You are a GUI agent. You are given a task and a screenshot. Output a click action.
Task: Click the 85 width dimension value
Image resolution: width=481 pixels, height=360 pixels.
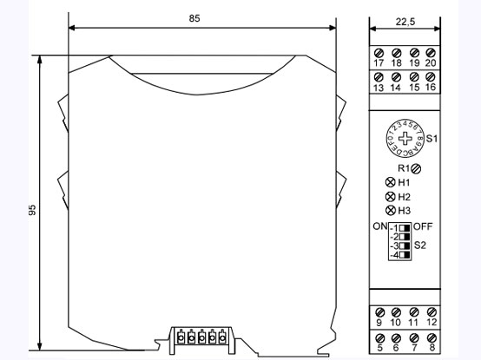201,17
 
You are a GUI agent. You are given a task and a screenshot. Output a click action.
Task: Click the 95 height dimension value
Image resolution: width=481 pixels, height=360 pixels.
32,212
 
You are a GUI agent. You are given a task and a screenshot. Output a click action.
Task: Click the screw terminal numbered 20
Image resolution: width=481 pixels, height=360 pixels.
432,53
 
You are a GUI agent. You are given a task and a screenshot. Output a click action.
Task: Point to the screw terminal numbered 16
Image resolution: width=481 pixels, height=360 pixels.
432,78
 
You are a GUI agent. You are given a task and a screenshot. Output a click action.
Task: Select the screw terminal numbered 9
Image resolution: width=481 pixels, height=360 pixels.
379,311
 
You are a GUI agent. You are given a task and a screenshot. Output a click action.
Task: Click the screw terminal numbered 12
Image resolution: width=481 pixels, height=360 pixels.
432,311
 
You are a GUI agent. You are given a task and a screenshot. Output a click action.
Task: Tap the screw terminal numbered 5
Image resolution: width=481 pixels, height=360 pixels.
379,337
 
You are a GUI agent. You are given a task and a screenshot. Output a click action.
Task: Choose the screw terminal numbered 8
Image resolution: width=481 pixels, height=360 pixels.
432,337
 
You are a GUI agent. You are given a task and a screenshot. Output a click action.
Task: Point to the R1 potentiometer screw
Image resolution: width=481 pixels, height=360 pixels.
418,167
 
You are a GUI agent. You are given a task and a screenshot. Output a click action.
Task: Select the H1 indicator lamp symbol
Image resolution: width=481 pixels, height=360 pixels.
391,182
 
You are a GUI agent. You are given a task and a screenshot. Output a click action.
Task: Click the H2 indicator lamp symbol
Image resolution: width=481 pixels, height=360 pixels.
391,197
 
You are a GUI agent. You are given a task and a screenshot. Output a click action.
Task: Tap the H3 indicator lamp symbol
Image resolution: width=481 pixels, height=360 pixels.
391,211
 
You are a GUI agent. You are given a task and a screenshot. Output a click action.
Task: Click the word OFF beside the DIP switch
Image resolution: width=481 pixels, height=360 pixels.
423,226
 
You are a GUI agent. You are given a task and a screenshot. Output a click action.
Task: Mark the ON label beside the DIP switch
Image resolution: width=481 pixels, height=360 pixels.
379,226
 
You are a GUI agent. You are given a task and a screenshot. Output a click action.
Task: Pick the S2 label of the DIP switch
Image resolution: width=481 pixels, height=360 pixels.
421,245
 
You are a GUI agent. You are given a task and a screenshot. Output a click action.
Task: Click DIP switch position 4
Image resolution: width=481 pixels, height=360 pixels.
405,256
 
